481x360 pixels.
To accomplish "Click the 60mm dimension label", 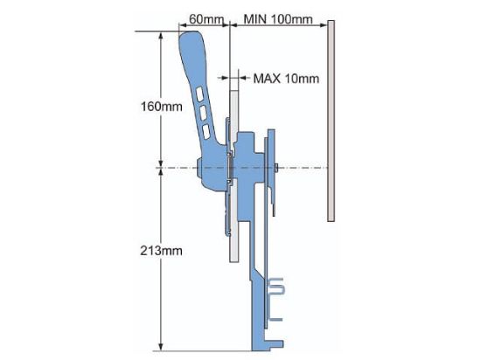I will [205, 18].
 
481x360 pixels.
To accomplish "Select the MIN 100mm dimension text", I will [279, 18].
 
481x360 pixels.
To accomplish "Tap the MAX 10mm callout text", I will [286, 78].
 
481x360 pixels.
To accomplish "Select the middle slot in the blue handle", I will [204, 113].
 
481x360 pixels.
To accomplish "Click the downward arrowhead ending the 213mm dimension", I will [160, 343].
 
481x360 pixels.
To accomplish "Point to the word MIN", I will [258, 18].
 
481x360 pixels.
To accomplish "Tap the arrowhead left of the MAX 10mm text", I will [241, 77].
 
